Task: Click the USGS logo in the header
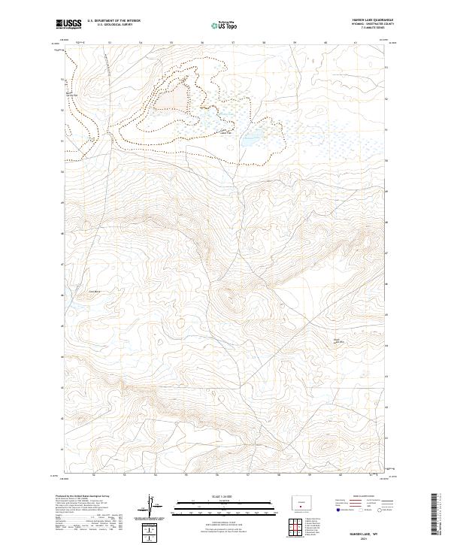click(70, 25)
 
